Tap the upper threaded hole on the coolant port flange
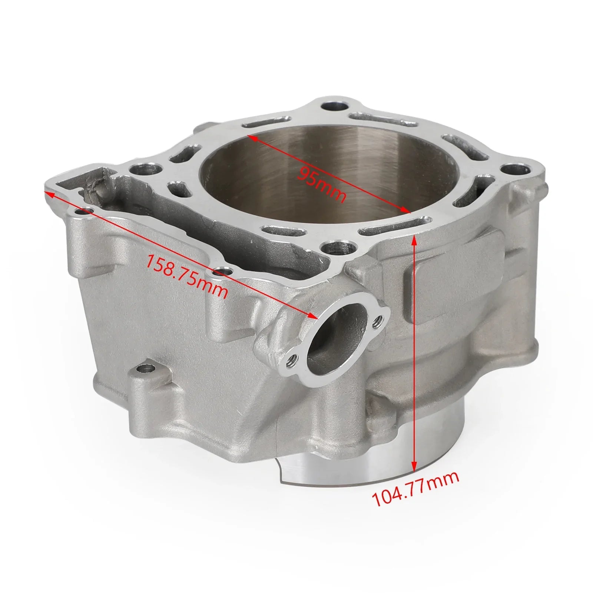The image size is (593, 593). (378, 319)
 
